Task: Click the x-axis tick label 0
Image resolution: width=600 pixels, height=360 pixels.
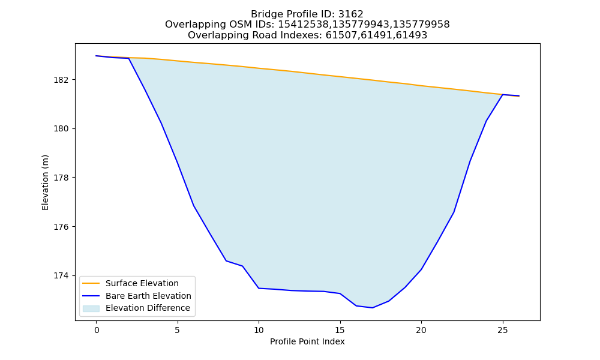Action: [x=97, y=330]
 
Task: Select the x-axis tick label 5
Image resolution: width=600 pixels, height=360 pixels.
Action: [x=178, y=330]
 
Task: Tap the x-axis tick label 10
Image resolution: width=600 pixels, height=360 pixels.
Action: [x=259, y=330]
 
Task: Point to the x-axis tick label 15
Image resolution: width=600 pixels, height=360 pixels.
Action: [x=340, y=330]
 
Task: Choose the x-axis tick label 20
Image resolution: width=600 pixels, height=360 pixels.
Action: [x=421, y=330]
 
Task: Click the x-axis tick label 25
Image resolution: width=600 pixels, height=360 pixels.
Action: [x=502, y=330]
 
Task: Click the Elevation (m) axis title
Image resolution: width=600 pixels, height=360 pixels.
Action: [x=45, y=182]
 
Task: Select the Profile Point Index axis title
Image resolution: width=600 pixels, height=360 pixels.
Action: [x=307, y=341]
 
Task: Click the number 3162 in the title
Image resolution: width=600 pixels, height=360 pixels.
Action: [x=350, y=14]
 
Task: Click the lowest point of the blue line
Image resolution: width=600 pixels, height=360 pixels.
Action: [x=373, y=308]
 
